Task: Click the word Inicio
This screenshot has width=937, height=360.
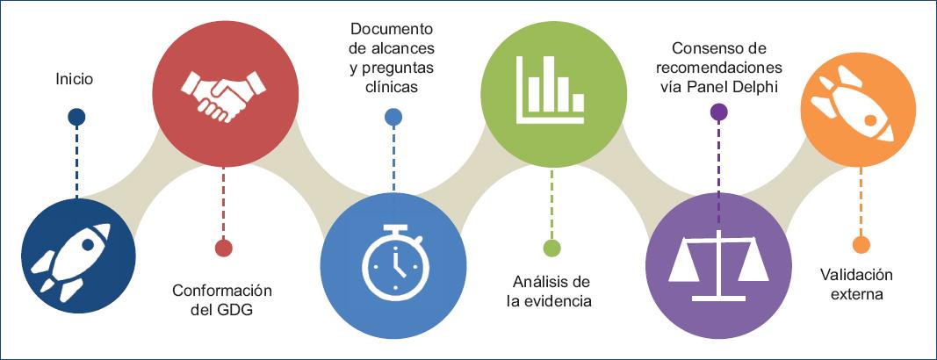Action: tap(74, 80)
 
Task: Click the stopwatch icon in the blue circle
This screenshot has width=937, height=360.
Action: tap(393, 261)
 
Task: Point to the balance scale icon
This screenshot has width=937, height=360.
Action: tap(717, 260)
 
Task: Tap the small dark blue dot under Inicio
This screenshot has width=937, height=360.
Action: tap(76, 117)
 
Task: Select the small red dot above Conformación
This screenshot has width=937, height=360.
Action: tap(223, 248)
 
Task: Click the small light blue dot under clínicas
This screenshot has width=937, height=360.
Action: tap(393, 116)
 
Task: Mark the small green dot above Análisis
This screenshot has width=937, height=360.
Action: tap(551, 248)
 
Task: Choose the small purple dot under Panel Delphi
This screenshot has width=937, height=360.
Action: tap(718, 112)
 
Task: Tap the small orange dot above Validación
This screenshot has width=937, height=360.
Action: tap(861, 244)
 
